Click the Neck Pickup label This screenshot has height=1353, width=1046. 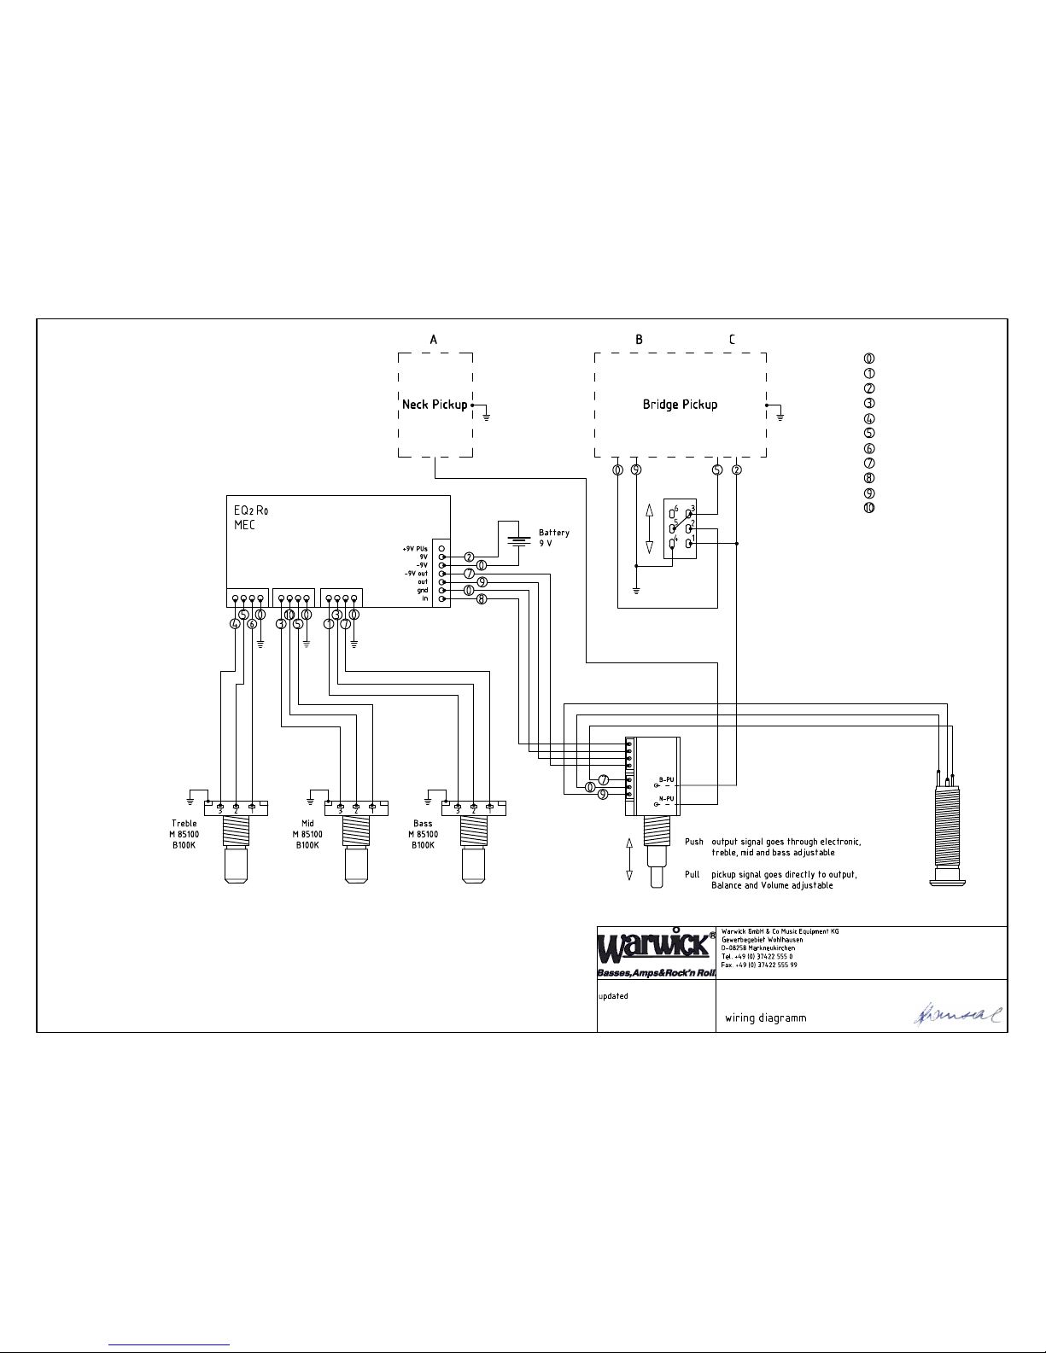tap(435, 405)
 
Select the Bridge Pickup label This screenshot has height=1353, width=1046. tap(680, 405)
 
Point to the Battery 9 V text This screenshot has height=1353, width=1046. tap(553, 538)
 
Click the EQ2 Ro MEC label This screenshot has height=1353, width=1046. tap(251, 517)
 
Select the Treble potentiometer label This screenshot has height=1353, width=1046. tap(184, 834)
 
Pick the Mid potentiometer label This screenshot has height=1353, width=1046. tap(307, 834)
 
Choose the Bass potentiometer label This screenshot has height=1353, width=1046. tap(423, 834)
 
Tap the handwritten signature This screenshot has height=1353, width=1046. tap(957, 1014)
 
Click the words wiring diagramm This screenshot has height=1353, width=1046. tap(765, 1018)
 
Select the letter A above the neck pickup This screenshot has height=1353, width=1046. tap(434, 340)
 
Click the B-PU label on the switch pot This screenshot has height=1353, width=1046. tap(666, 779)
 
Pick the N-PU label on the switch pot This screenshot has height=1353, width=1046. tap(666, 799)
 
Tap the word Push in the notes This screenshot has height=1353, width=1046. tap(694, 842)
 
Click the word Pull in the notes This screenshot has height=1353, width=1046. tap(692, 874)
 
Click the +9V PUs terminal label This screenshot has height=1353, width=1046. tap(415, 548)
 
